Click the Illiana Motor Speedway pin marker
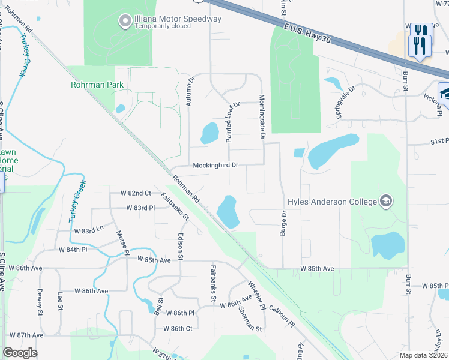pyautogui.click(x=125, y=22)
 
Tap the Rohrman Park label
pyautogui.click(x=97, y=85)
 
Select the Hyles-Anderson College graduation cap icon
pyautogui.click(x=385, y=202)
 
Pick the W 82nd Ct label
pyautogui.click(x=136, y=193)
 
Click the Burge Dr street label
pyautogui.click(x=283, y=222)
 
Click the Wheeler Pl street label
pyautogui.click(x=256, y=293)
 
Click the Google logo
pyautogui.click(x=20, y=353)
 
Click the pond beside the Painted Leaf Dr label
pyautogui.click(x=209, y=133)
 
